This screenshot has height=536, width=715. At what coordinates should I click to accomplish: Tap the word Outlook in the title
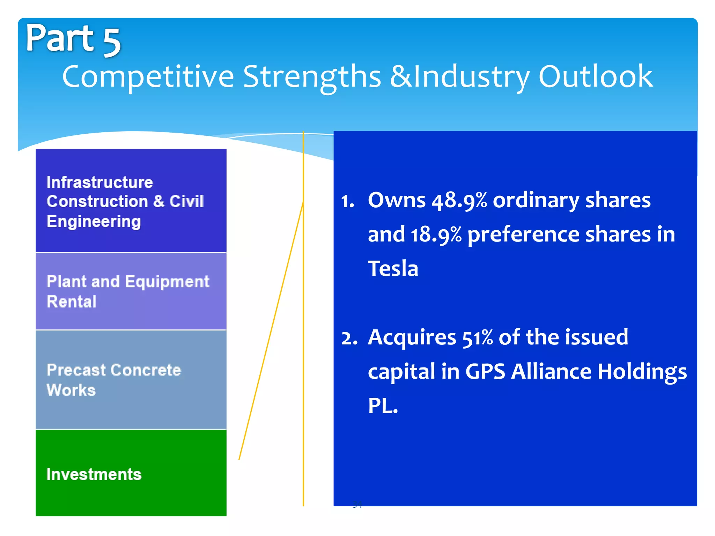[595, 76]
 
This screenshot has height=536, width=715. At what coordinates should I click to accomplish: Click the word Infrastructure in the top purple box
[100, 183]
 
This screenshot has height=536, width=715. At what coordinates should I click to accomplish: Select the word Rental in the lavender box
[72, 302]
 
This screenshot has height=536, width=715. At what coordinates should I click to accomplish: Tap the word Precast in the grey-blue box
[76, 370]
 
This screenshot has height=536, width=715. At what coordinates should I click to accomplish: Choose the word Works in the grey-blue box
[71, 390]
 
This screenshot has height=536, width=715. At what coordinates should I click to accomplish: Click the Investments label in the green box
[94, 475]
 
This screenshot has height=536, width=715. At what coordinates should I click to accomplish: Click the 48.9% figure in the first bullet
[459, 201]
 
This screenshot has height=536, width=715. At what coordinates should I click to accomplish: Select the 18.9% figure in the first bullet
[436, 235]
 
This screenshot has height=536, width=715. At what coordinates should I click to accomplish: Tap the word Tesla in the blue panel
[393, 269]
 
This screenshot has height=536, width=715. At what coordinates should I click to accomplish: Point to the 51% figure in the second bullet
[478, 338]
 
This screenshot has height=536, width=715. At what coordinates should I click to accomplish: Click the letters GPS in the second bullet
[485, 372]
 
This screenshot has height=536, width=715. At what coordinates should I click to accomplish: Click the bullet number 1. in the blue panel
[348, 202]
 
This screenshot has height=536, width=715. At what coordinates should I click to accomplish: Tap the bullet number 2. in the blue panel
[349, 338]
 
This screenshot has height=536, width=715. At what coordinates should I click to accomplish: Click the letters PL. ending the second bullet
[383, 406]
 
